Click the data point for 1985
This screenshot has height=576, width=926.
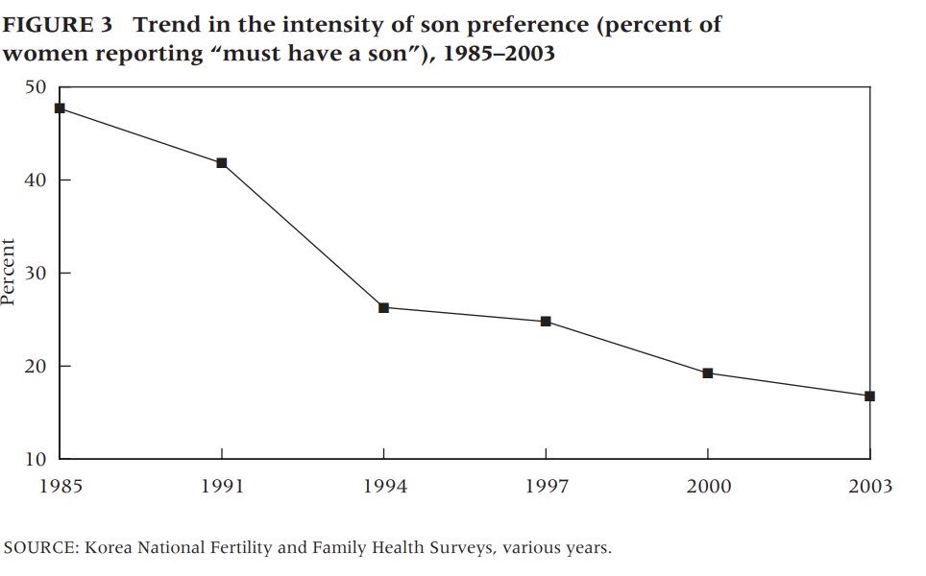[60, 108]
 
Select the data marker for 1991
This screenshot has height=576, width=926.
[222, 163]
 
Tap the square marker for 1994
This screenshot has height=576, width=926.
[383, 307]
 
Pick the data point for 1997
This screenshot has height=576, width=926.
[546, 322]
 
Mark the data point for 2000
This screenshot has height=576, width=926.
[708, 373]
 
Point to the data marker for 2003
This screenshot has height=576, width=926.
[869, 396]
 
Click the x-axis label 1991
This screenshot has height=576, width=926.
[222, 487]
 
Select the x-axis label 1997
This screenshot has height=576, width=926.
[546, 487]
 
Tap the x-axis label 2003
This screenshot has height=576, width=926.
[869, 487]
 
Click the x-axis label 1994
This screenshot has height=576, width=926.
[383, 487]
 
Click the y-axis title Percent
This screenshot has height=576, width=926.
[9, 273]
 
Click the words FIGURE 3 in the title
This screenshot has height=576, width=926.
[57, 25]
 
